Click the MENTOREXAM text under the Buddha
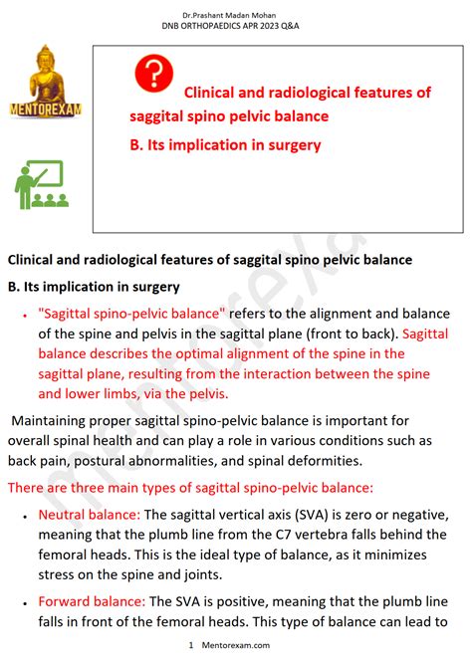(x=45, y=107)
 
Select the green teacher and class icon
(x=41, y=184)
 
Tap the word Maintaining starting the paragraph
(x=57, y=419)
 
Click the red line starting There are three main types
(x=190, y=487)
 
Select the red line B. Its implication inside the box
(x=225, y=144)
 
